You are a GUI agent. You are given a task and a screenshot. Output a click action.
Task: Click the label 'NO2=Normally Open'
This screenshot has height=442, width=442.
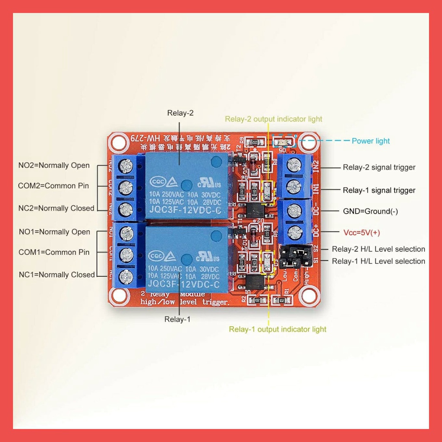click(x=54, y=165)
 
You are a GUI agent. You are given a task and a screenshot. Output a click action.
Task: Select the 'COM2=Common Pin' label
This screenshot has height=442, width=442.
click(x=54, y=186)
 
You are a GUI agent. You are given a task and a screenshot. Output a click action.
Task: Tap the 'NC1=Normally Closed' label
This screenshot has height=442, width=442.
click(x=57, y=275)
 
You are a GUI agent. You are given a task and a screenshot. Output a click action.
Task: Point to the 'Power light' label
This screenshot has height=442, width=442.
click(x=371, y=141)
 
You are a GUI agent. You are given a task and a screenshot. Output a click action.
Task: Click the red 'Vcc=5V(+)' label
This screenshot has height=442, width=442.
click(x=362, y=233)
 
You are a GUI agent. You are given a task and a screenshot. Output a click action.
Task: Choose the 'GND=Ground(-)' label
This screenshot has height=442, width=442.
click(x=370, y=212)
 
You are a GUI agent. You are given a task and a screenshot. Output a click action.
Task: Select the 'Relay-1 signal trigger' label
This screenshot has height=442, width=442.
click(x=379, y=190)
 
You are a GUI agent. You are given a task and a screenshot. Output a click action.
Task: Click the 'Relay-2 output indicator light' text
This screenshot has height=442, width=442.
click(x=274, y=119)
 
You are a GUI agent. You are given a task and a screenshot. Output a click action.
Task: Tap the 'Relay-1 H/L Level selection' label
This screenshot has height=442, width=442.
click(x=379, y=261)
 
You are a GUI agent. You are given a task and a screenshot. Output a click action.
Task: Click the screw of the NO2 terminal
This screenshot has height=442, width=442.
click(x=126, y=164)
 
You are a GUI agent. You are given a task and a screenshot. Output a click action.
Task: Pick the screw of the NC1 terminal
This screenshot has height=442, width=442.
click(x=126, y=276)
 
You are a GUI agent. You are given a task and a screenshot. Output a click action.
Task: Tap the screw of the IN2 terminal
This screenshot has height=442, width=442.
click(x=294, y=164)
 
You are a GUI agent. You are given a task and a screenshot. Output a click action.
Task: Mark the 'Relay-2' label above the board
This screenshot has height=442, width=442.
click(x=180, y=113)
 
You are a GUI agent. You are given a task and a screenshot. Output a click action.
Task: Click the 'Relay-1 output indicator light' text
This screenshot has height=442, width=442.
click(x=278, y=329)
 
